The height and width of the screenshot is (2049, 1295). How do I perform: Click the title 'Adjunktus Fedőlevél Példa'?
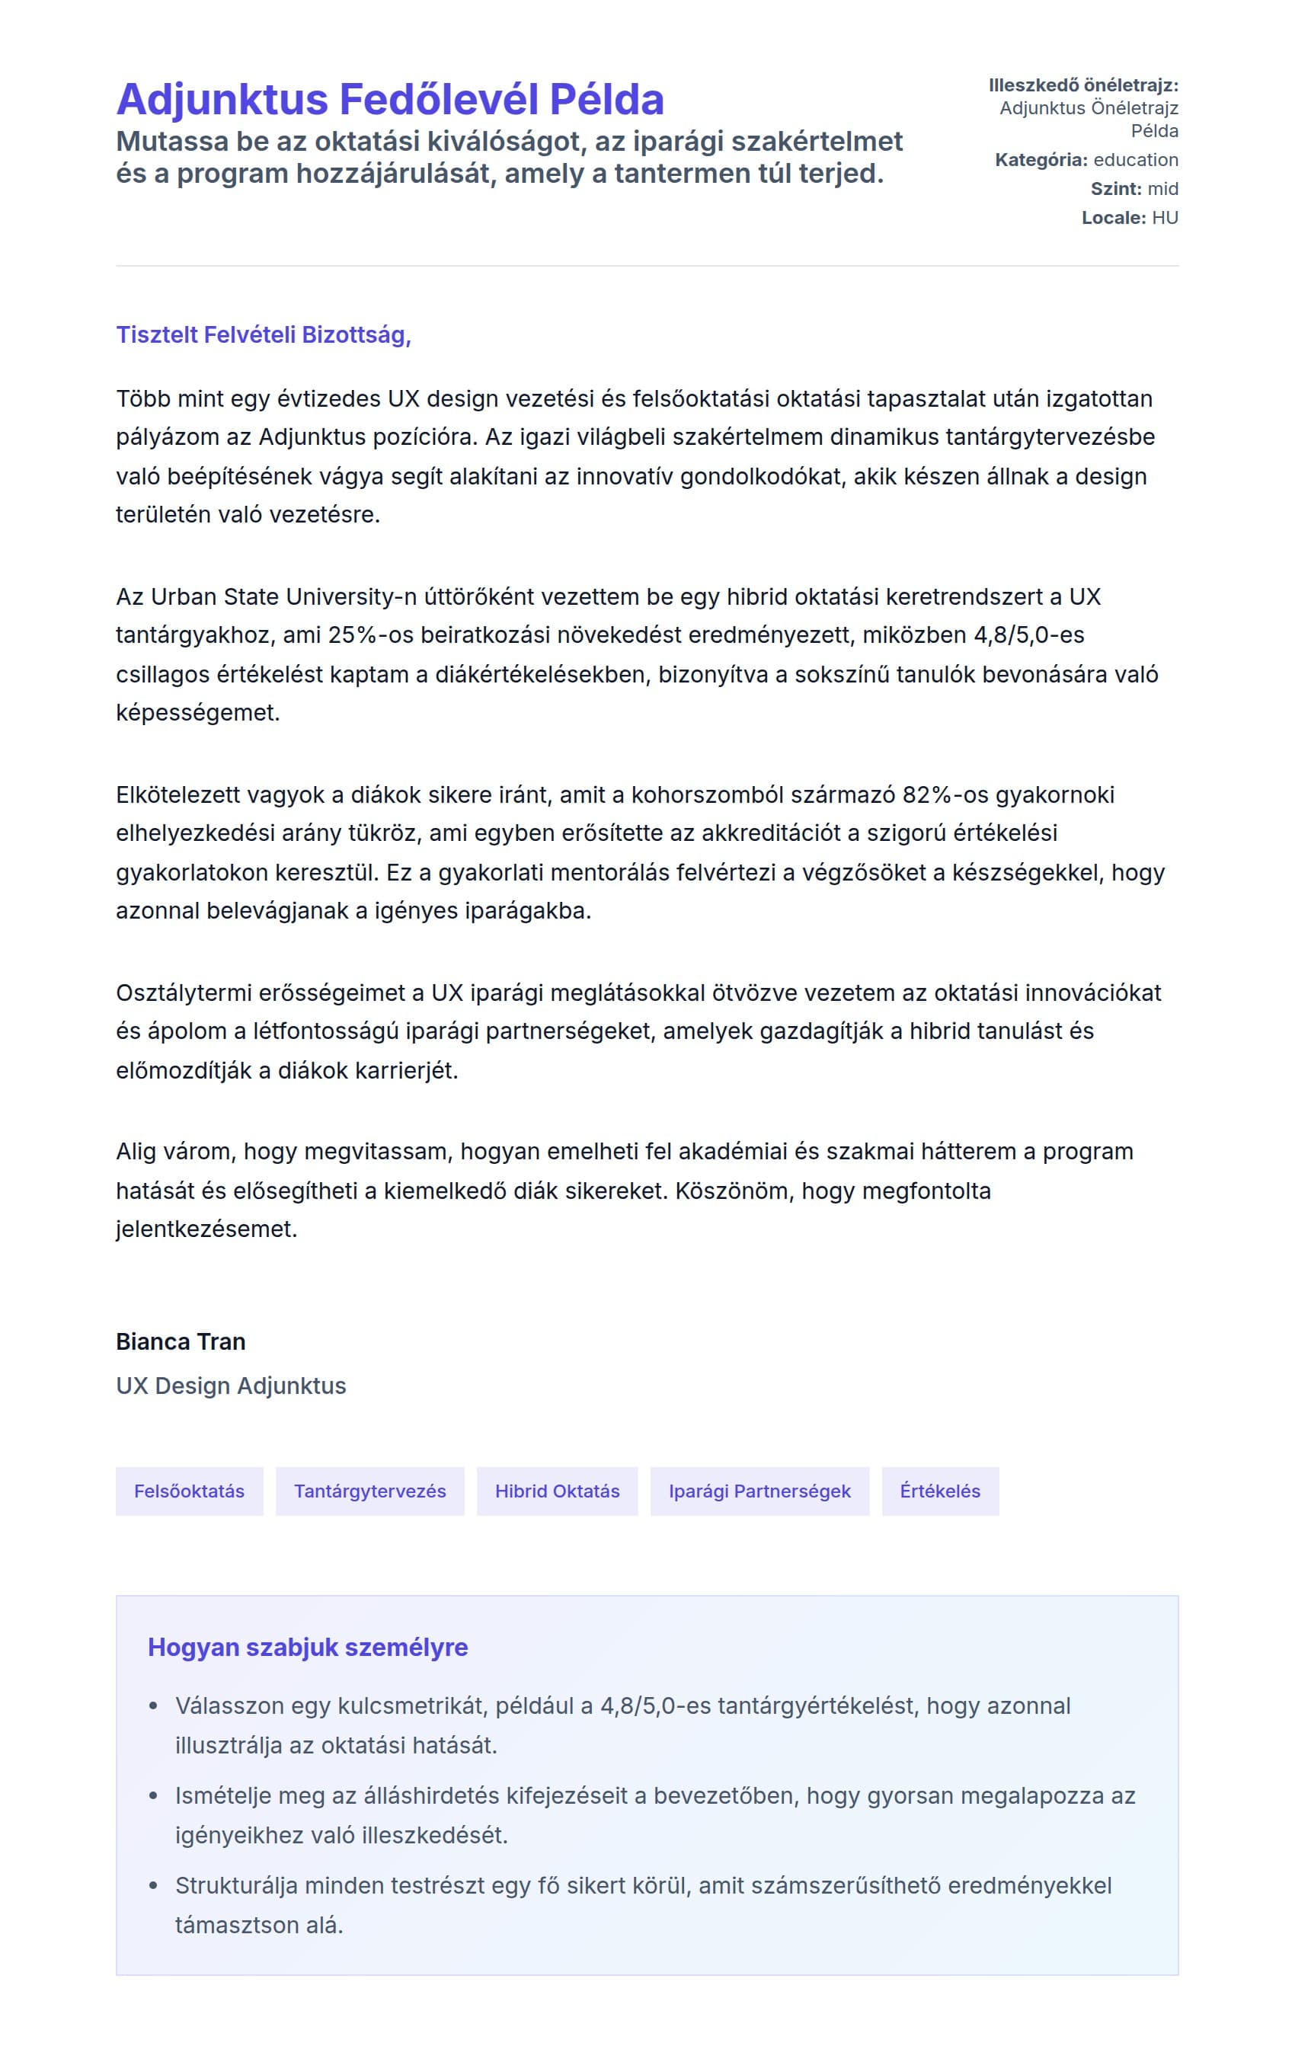(x=390, y=100)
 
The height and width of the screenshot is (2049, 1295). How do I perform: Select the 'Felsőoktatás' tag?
(x=189, y=1491)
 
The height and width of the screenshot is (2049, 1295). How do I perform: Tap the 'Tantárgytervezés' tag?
(x=370, y=1491)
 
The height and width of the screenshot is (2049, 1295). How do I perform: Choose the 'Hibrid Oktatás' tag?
(x=558, y=1491)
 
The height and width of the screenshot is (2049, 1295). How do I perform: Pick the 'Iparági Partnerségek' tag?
(x=759, y=1491)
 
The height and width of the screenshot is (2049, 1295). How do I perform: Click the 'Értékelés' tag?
(x=940, y=1491)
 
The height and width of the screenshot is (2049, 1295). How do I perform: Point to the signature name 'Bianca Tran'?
(x=181, y=1342)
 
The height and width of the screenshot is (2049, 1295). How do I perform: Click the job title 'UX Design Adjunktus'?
(x=231, y=1386)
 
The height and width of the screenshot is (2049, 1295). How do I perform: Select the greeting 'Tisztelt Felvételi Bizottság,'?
(x=264, y=335)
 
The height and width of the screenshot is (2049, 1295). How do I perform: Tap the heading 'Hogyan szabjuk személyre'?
(x=308, y=1648)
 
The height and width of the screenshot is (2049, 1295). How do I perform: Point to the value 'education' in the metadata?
(x=1136, y=160)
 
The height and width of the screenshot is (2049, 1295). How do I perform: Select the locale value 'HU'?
(x=1165, y=218)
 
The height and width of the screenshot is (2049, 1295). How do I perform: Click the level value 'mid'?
(x=1162, y=189)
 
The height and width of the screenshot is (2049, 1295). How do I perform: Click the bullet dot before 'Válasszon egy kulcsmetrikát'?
(x=153, y=1707)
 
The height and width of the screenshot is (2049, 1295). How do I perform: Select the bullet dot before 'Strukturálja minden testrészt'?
(x=153, y=1887)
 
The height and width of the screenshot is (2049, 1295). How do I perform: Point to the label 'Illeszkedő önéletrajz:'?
(x=1083, y=85)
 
